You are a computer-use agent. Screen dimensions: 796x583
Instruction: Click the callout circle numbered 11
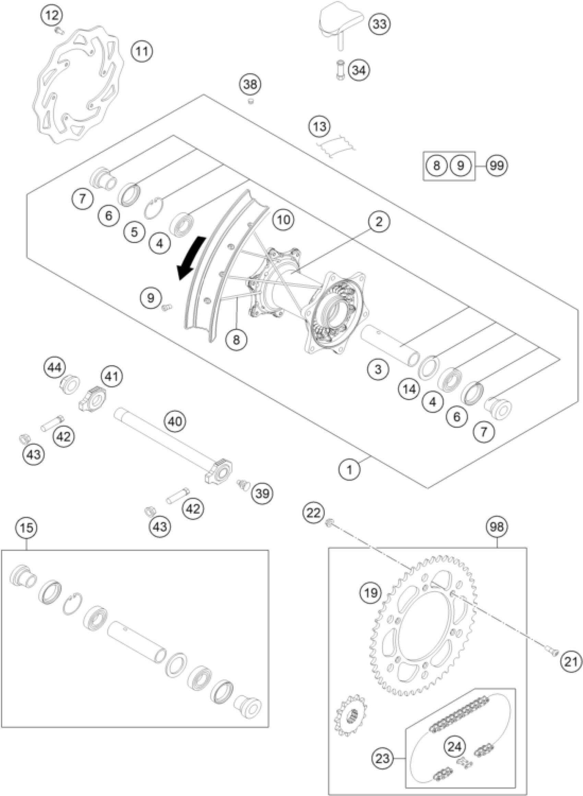coord(142,51)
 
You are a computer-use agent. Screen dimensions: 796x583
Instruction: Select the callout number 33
coord(380,24)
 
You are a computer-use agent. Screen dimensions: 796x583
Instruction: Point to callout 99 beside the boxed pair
coord(497,166)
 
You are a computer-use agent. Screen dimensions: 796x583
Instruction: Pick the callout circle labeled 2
coord(379,221)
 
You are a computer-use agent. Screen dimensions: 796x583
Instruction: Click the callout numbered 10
coord(283,219)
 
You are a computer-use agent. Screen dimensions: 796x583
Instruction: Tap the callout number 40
coord(175,421)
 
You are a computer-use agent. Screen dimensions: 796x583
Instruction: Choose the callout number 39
coord(263,493)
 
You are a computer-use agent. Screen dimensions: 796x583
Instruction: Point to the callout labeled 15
coord(26,528)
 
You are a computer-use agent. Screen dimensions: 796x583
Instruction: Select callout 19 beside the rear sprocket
coord(371,593)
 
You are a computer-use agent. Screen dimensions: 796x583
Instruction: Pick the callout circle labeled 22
coord(313,512)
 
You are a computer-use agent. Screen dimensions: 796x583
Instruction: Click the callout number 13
coord(320,126)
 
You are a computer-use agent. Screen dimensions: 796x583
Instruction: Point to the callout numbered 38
coord(251,85)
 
